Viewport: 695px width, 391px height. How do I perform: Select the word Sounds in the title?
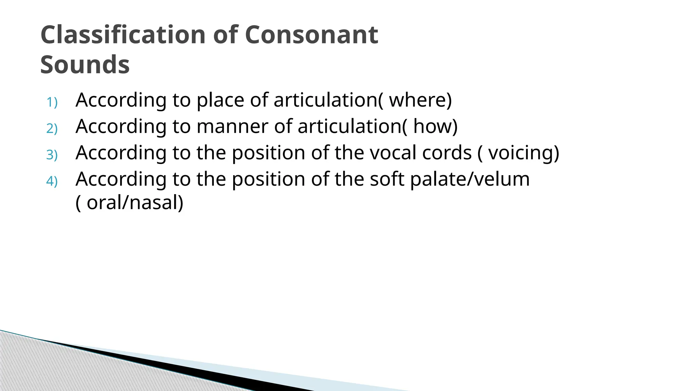click(x=85, y=64)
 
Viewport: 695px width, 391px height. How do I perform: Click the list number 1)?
click(x=52, y=102)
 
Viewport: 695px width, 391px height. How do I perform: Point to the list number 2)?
click(x=52, y=129)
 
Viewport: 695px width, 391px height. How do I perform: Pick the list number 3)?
click(x=52, y=155)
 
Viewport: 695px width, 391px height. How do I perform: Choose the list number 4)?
click(x=52, y=181)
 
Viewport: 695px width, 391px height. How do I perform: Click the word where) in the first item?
click(x=420, y=100)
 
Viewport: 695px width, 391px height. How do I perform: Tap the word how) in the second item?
click(x=435, y=126)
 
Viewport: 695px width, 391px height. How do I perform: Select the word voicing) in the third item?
click(x=524, y=153)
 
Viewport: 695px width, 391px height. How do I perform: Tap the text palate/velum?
click(x=470, y=179)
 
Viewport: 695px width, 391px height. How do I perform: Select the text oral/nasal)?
click(x=135, y=203)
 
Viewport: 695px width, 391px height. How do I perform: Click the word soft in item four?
click(x=387, y=179)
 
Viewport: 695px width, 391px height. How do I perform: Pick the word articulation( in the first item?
click(x=328, y=100)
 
